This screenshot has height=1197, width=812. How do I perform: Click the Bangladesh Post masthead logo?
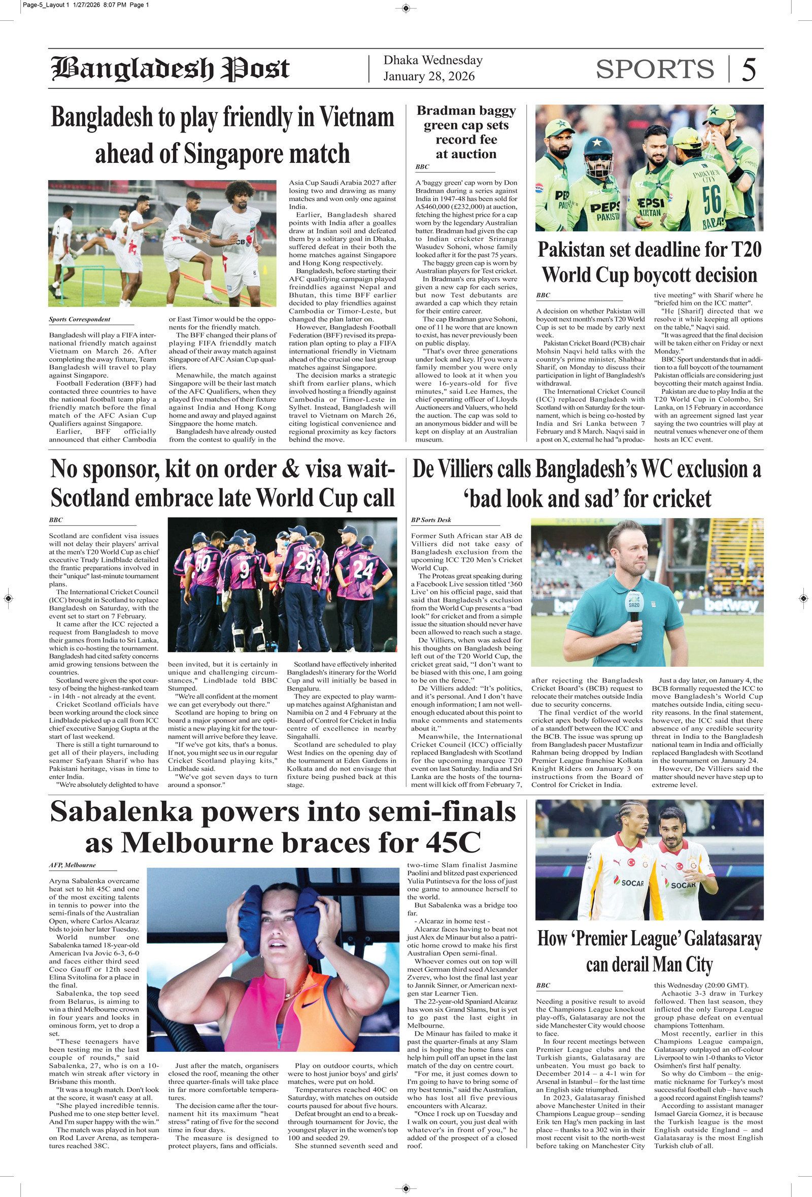click(170, 69)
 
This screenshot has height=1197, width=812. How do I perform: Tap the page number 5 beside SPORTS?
click(749, 70)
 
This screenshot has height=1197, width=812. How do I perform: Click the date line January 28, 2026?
click(429, 76)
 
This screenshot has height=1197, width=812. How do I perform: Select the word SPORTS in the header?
click(654, 69)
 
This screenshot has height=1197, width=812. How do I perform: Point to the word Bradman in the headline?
click(446, 111)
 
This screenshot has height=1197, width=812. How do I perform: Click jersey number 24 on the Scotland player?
click(363, 569)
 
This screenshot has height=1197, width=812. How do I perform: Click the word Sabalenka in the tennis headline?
click(121, 813)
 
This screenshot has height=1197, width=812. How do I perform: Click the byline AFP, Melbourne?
click(72, 865)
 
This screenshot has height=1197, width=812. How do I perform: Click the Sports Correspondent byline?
click(79, 319)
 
